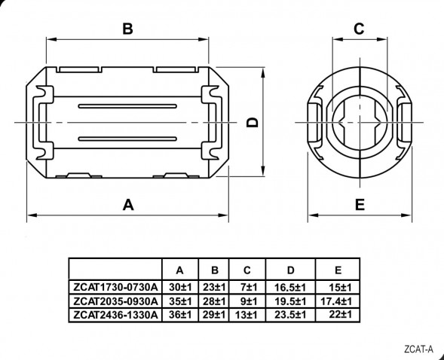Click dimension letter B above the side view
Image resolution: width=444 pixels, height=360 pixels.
pos(127,29)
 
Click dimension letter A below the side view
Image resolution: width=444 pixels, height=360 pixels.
pos(128,205)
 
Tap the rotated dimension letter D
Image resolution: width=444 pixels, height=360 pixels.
pos(253,123)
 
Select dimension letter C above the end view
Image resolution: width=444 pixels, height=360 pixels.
pos(359,29)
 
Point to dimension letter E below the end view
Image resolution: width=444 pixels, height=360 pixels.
pos(360,205)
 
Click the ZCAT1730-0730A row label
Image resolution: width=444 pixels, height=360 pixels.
pos(115,287)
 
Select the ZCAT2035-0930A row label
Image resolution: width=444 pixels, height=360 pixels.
pos(115,301)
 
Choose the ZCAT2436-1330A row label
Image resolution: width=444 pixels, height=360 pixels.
pos(115,315)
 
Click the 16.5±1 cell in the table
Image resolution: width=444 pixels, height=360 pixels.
pos(290,288)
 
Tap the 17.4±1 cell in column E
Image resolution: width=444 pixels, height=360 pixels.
pos(336,301)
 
